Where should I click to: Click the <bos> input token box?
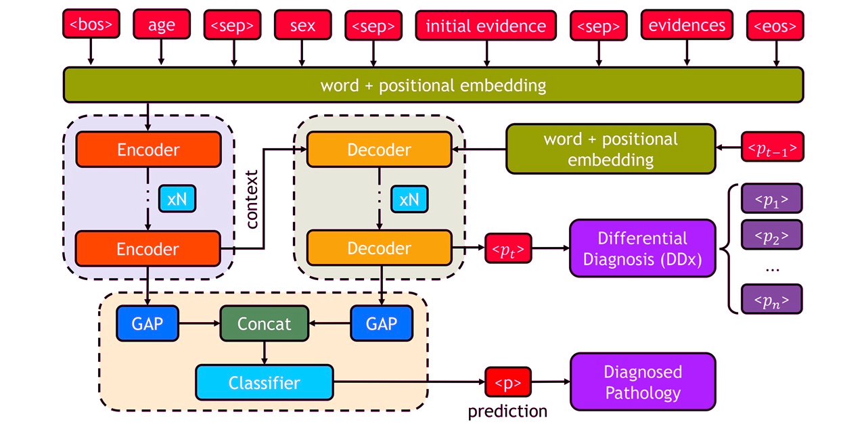[91, 26]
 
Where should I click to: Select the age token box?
[161, 26]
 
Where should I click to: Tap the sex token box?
[302, 26]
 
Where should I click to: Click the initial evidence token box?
[486, 26]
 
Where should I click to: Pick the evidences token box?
[687, 26]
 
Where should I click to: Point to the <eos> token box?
[775, 26]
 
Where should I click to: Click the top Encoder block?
[148, 150]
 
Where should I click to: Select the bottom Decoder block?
[379, 248]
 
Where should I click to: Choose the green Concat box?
[264, 323]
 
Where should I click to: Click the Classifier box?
[264, 383]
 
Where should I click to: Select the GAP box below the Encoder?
[147, 323]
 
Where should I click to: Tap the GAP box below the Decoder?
[381, 323]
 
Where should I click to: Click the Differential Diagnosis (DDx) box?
[642, 248]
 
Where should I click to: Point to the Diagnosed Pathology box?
[642, 382]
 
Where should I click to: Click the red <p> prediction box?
[507, 383]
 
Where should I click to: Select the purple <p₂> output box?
[771, 235]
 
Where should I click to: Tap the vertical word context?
[253, 200]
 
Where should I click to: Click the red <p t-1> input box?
[773, 147]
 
